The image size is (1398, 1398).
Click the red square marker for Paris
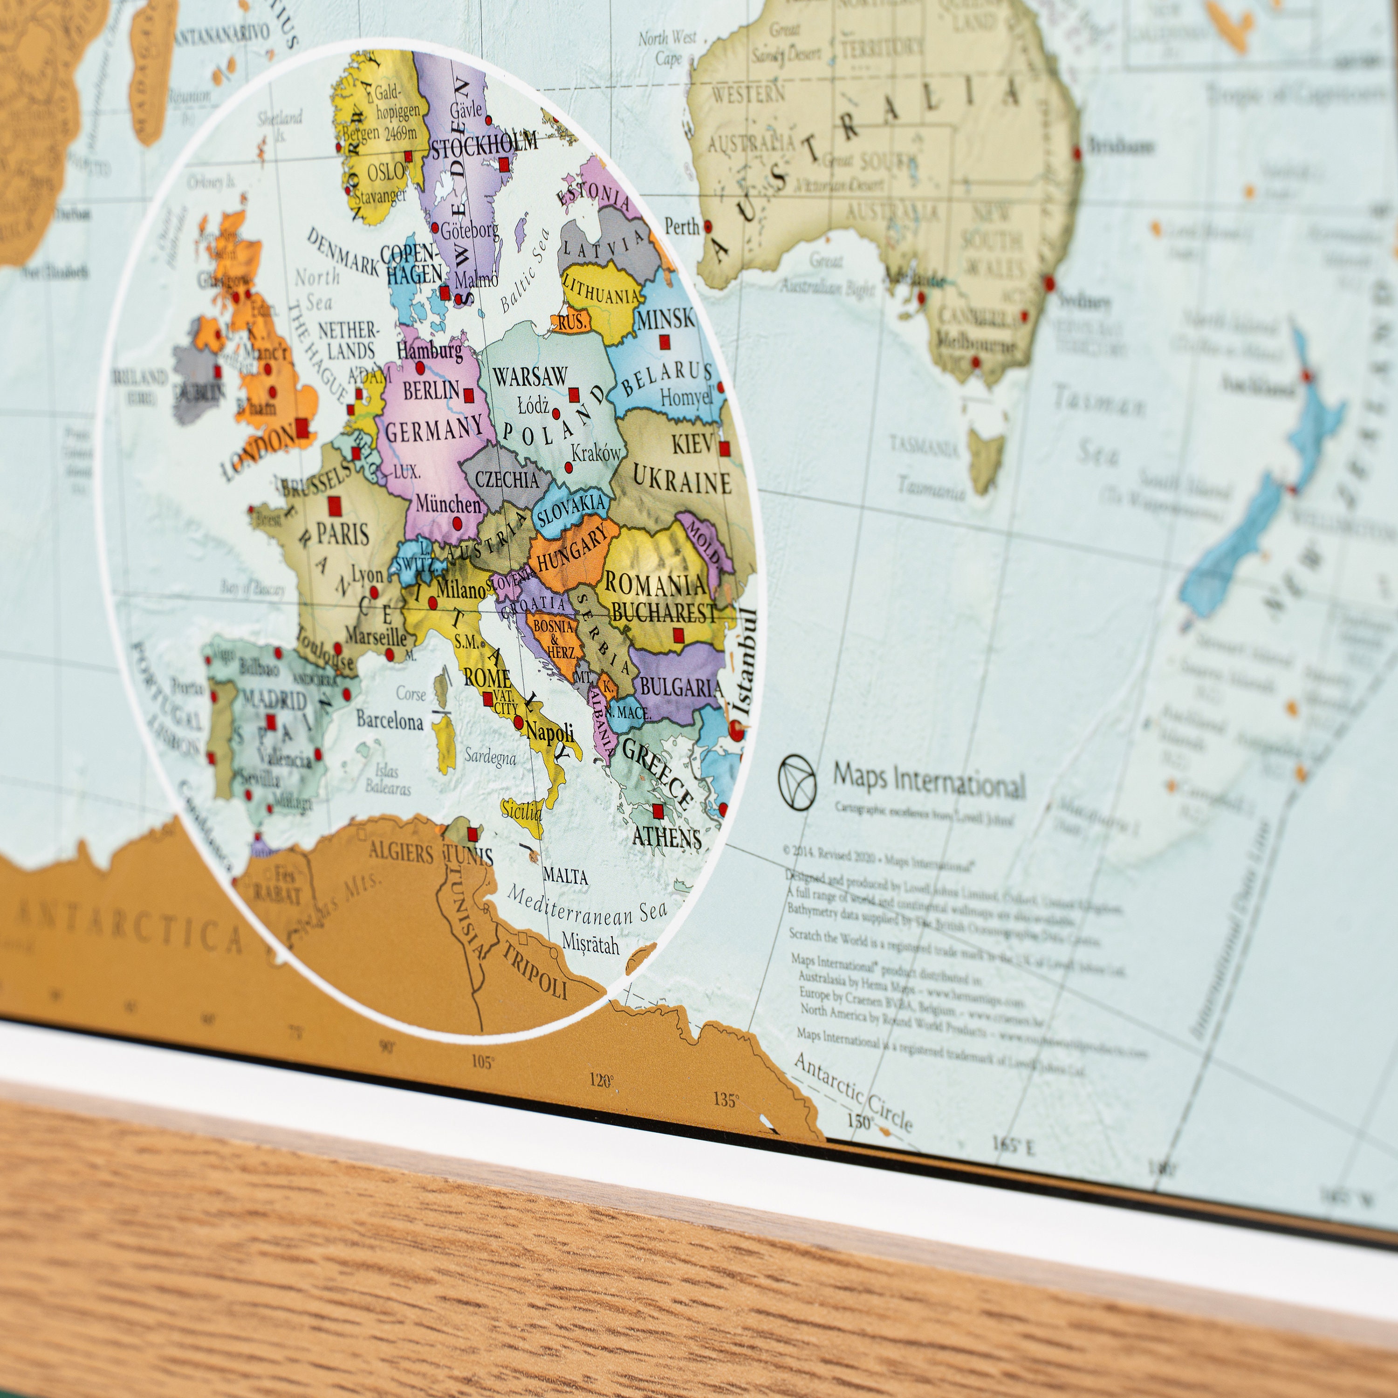334,505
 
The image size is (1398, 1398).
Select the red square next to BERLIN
468,395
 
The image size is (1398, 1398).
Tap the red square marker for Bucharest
678,635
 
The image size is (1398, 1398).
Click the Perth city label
682,226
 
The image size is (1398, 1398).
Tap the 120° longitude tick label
601,1080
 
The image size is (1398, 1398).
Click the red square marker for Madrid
271,721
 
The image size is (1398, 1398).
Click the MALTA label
565,876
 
